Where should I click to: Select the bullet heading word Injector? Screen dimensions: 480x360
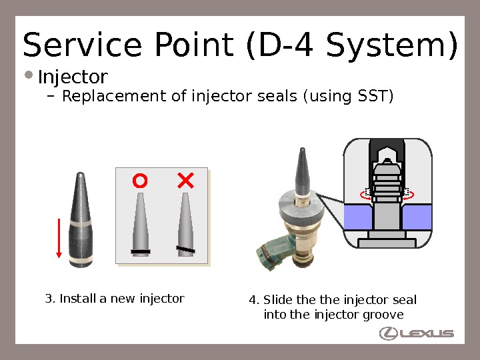pos(73,78)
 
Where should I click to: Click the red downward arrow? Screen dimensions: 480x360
pos(59,237)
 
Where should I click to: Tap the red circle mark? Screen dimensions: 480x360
pos(139,181)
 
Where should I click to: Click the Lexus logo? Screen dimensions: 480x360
pos(417,333)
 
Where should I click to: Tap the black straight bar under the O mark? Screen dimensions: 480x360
pos(141,251)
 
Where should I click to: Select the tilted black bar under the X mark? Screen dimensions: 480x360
pos(186,249)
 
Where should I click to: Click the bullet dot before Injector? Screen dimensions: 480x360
pos(29,74)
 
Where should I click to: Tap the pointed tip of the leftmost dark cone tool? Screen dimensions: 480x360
pos(80,175)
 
